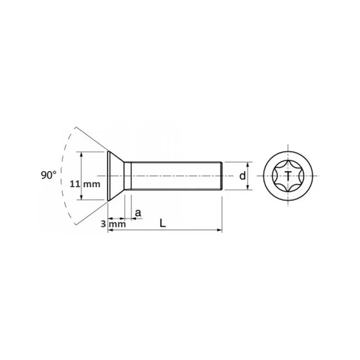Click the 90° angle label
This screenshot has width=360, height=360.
(49, 175)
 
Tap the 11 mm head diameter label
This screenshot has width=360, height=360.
(85, 184)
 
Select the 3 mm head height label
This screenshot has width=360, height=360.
(113, 224)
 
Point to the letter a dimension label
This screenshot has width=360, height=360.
(138, 213)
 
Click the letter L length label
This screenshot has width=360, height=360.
(163, 223)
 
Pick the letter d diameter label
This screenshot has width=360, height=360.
(242, 176)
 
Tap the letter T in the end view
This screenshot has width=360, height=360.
(288, 176)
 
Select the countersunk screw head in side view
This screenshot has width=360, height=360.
(116, 176)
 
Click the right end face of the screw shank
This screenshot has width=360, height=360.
(222, 176)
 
